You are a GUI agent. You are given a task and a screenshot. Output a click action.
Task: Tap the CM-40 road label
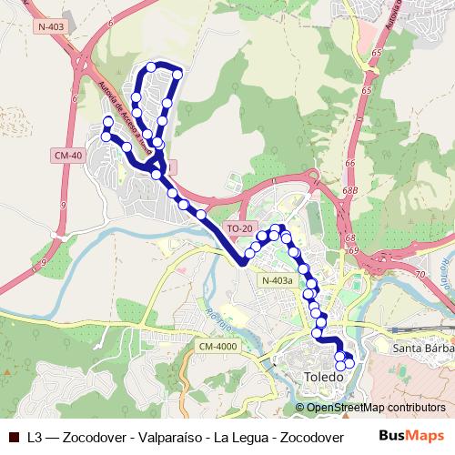coord(68,156)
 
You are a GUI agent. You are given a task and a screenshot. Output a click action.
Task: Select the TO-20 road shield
coord(240,228)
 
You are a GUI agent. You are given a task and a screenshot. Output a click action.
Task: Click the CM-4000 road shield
coord(216,346)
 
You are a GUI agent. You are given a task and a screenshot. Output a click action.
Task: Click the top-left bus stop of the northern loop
coord(150,68)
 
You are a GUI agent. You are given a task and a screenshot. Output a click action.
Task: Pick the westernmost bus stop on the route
coord(106,136)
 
